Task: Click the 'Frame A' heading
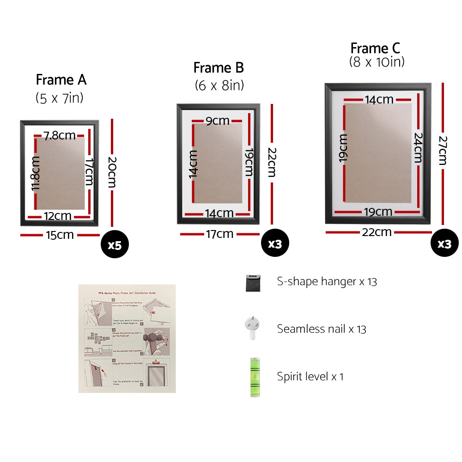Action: point(61,80)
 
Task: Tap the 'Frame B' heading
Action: point(219,68)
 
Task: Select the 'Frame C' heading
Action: point(375,48)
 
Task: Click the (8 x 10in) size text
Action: point(377,62)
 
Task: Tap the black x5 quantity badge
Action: point(114,244)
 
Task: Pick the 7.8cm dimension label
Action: point(60,135)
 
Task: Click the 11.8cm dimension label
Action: point(36,173)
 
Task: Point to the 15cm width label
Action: point(60,235)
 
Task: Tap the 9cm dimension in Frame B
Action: point(218,121)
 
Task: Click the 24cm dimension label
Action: point(418,147)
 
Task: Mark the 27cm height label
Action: point(442,150)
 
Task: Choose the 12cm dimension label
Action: point(58,216)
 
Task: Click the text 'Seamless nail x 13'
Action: point(322,329)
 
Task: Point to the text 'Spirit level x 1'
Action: point(310,377)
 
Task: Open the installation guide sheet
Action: point(127,339)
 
